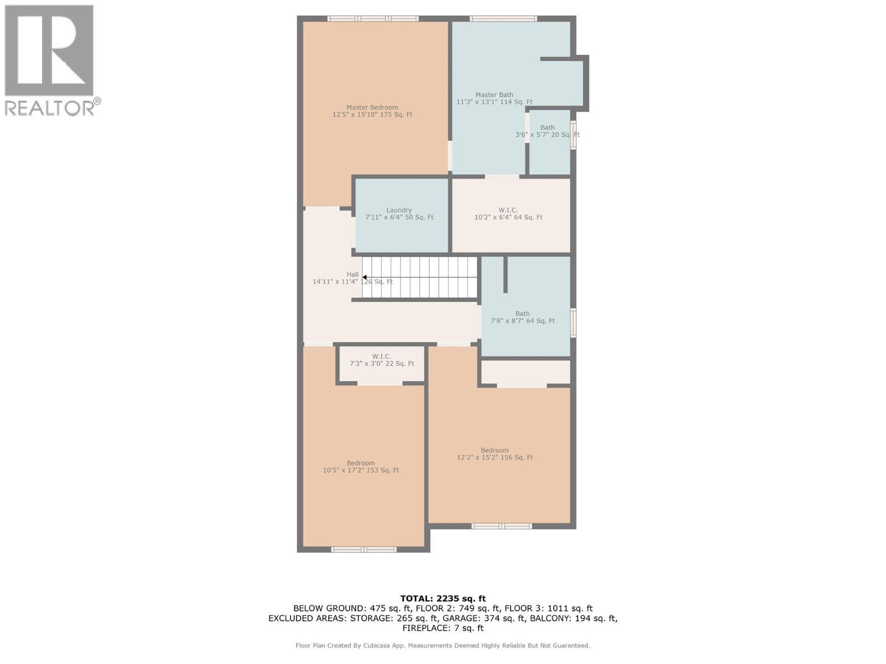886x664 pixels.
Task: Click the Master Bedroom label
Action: click(x=372, y=111)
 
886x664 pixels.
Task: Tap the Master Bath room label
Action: click(x=494, y=98)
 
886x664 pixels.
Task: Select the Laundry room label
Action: click(x=399, y=214)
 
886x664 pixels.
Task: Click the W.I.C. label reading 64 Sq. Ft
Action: click(x=508, y=214)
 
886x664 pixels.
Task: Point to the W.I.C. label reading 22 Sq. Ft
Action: click(x=382, y=360)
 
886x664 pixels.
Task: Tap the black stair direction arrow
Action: click(x=364, y=277)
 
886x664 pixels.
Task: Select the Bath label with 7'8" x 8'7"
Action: click(x=522, y=317)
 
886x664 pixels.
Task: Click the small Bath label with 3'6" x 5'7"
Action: click(x=547, y=131)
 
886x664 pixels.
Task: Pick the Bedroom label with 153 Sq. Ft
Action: click(x=360, y=466)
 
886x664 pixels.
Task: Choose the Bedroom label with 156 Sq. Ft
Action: click(x=494, y=454)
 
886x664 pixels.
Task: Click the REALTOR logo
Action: click(x=51, y=60)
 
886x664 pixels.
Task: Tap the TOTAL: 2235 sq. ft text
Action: click(x=442, y=598)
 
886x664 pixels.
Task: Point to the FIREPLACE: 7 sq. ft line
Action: click(x=442, y=628)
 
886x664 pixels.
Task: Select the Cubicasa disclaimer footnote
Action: click(x=442, y=645)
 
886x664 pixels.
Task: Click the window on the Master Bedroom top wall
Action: click(x=373, y=19)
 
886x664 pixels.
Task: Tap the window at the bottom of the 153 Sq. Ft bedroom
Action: click(x=364, y=549)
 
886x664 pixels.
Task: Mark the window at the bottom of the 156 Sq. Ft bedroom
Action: click(x=502, y=526)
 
